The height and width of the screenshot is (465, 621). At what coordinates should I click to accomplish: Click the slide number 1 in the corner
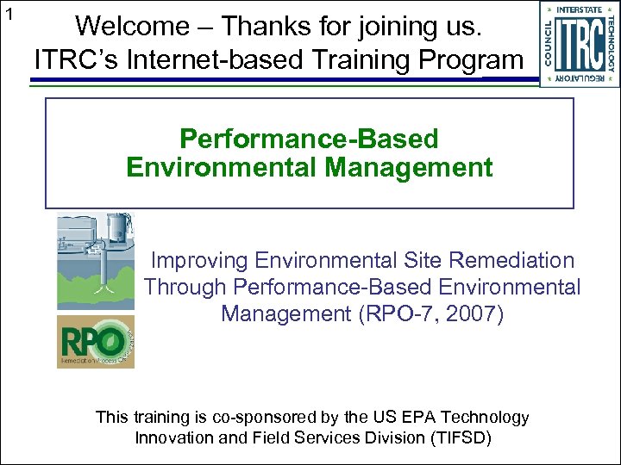pos(9,13)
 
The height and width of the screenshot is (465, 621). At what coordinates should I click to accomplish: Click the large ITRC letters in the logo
pos(580,44)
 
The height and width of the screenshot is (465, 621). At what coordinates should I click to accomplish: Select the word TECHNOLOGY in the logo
pos(611,44)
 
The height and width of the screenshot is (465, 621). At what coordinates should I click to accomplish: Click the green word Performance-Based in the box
pos(309,139)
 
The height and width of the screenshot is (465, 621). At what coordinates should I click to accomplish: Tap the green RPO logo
pos(95,341)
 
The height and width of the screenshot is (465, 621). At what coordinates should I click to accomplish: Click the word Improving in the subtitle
pos(196,260)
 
